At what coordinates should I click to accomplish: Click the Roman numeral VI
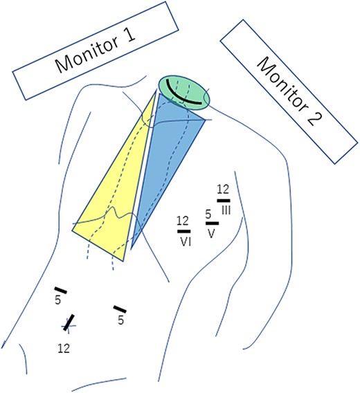click(x=185, y=241)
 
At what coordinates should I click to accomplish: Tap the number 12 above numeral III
click(x=223, y=189)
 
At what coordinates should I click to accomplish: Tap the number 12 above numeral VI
click(x=182, y=221)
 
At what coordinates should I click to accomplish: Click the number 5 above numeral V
click(x=209, y=214)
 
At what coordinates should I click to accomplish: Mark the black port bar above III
click(x=223, y=199)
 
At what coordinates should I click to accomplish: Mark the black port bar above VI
click(x=183, y=231)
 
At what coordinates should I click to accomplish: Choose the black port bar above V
click(x=212, y=223)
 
